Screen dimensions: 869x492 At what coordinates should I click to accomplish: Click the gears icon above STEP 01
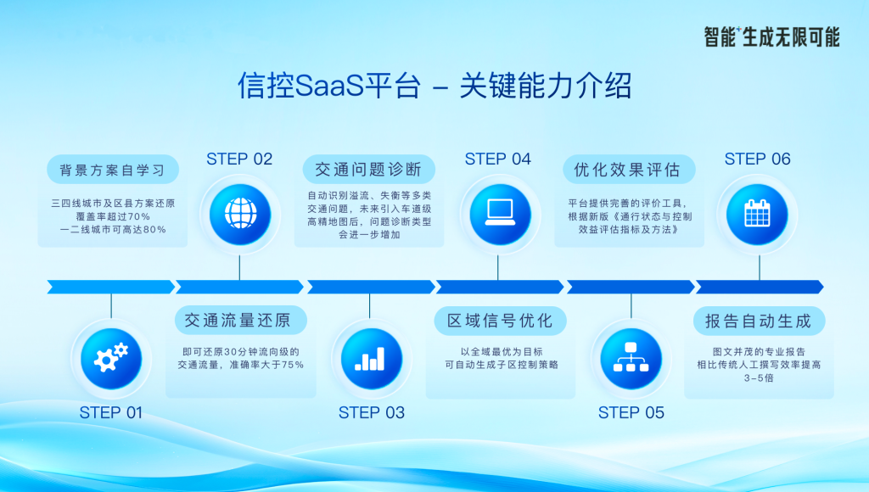[111, 359]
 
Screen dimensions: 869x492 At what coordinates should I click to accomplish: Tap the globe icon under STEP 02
[240, 215]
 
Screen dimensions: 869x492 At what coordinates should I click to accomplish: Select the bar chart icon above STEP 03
[370, 359]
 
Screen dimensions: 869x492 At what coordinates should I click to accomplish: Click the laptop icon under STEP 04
[499, 213]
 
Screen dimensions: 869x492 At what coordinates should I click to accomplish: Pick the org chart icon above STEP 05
[631, 357]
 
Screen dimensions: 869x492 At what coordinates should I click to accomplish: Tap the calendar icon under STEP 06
[757, 213]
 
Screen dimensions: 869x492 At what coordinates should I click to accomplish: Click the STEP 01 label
[111, 413]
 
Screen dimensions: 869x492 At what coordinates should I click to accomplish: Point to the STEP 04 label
[497, 159]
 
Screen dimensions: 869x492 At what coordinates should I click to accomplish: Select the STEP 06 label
[758, 159]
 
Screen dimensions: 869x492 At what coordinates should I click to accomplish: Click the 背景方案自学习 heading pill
[113, 170]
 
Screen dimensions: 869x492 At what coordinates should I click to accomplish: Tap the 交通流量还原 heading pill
[240, 321]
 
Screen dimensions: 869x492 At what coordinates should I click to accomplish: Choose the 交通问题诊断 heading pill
[368, 170]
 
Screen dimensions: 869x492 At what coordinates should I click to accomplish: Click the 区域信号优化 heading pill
[500, 321]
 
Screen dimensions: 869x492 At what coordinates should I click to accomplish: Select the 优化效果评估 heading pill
[629, 170]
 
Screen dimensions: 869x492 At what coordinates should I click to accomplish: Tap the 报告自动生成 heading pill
[759, 321]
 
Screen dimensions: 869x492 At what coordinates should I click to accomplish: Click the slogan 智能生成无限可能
[772, 37]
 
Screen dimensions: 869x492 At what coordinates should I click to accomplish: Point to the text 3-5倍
[759, 378]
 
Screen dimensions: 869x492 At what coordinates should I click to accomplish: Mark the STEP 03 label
[372, 413]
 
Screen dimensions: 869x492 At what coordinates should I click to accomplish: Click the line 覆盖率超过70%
[113, 216]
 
